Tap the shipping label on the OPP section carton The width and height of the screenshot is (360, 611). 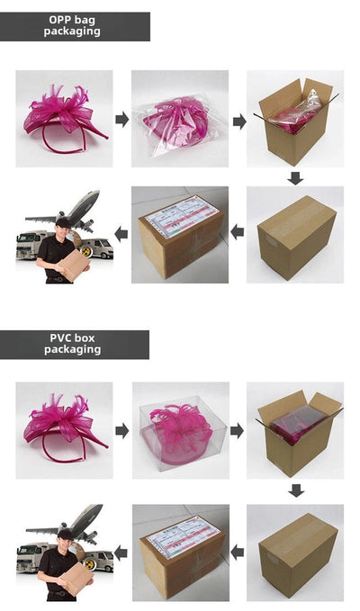[x=176, y=219]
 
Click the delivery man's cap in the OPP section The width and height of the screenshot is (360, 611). [x=62, y=220]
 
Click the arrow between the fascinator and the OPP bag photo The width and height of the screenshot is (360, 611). [x=122, y=120]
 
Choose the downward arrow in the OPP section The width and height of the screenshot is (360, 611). [x=295, y=177]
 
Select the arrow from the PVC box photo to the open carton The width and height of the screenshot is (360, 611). [x=238, y=430]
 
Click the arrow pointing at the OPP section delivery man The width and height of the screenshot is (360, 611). [x=121, y=234]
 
